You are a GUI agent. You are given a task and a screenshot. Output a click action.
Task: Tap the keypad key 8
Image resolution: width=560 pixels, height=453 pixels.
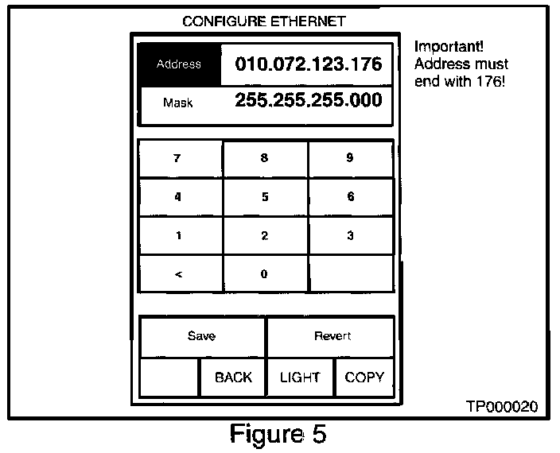click(x=265, y=158)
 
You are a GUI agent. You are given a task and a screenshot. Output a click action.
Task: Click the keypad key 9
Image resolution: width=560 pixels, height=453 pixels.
click(x=350, y=158)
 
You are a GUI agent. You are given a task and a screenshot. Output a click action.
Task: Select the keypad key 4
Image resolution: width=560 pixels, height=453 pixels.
click(x=179, y=197)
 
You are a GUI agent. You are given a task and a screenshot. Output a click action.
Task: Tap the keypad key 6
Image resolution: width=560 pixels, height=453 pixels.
click(x=350, y=197)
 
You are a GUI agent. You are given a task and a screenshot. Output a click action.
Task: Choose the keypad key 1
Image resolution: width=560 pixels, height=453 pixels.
click(x=179, y=235)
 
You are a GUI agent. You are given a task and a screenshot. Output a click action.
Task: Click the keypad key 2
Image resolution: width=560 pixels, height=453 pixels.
click(x=265, y=235)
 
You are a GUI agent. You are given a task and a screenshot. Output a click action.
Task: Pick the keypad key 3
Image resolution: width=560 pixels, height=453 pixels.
click(x=350, y=235)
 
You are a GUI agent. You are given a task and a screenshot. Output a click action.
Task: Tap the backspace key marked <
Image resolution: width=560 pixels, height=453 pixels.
click(x=179, y=274)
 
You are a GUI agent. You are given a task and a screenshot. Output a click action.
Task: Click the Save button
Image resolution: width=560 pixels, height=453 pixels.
click(x=202, y=336)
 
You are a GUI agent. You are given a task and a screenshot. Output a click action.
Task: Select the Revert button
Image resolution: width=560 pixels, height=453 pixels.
click(x=332, y=336)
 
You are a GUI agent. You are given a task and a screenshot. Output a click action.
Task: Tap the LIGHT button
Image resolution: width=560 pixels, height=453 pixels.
click(x=300, y=377)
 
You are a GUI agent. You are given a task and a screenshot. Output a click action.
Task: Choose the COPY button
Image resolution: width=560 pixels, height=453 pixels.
click(x=364, y=377)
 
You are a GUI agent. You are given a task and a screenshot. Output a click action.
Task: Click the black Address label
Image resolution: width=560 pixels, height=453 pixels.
click(x=179, y=64)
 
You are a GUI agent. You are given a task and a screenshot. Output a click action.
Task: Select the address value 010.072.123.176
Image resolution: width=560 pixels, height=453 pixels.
click(x=308, y=64)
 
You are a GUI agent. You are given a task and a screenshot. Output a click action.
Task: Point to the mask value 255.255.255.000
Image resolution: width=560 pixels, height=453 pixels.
click(x=308, y=101)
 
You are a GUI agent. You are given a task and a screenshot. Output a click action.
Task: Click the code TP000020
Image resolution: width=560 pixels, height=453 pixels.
click(x=501, y=406)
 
